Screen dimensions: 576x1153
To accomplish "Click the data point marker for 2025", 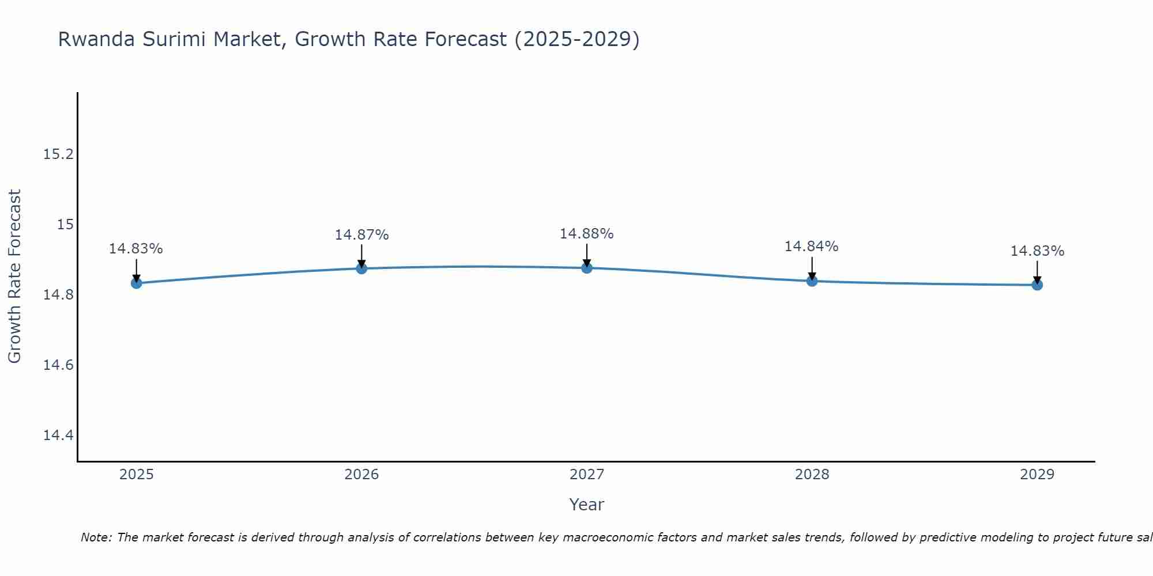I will click(x=137, y=283).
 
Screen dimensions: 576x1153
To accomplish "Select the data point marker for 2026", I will click(x=361, y=268).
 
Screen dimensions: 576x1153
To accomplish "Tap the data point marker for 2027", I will click(x=587, y=268).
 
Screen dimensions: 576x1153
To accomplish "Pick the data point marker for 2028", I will click(x=812, y=281).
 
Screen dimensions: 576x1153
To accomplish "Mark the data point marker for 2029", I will click(x=1037, y=285).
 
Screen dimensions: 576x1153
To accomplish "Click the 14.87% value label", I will click(x=361, y=235).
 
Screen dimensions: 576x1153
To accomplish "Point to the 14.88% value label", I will click(x=586, y=234).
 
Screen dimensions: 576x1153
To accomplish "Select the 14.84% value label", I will click(x=811, y=247).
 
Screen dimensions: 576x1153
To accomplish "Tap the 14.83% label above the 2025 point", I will click(x=136, y=249).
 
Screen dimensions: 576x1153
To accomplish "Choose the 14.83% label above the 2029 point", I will click(x=1037, y=251).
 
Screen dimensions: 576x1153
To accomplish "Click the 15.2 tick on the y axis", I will click(x=59, y=154).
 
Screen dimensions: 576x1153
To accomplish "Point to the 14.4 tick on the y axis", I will click(x=59, y=435).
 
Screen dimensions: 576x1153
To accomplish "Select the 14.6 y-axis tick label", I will click(x=59, y=365).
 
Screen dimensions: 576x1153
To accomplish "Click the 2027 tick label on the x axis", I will click(x=587, y=475).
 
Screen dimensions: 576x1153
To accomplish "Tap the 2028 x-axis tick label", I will click(x=812, y=475).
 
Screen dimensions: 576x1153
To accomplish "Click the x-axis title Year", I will click(x=586, y=505).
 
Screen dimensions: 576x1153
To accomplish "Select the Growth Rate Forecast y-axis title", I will click(x=14, y=276).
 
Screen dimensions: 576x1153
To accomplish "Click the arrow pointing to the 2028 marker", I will click(x=812, y=268).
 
